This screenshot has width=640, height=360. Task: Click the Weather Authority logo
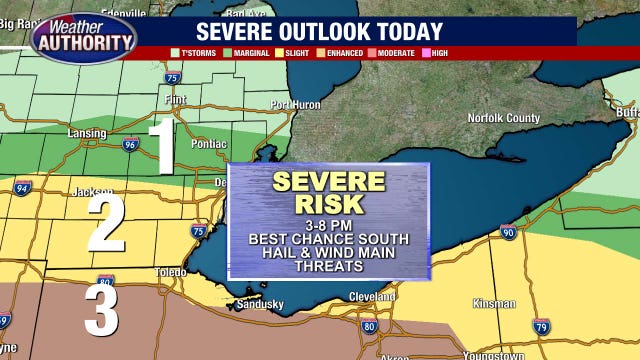(x=83, y=37)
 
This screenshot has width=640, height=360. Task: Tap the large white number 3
(x=100, y=309)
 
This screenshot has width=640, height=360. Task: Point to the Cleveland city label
(x=372, y=297)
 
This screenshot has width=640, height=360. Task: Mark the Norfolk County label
(x=502, y=119)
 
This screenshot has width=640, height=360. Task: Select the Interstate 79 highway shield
(x=541, y=326)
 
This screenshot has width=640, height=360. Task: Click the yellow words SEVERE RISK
(x=329, y=192)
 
